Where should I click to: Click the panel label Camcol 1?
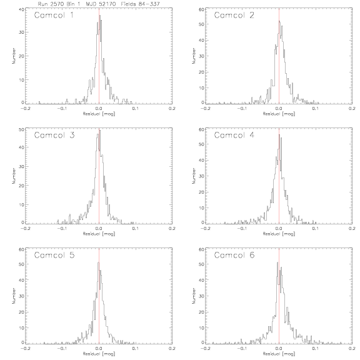tap(54, 16)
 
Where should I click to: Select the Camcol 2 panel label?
tap(234, 16)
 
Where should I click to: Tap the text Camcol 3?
tap(54, 135)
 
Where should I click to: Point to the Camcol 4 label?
tap(234, 135)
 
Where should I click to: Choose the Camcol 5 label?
tap(54, 255)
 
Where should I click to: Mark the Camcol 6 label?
tap(234, 255)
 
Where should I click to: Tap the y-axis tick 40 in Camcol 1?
tap(21, 9)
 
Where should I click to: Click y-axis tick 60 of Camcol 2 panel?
tap(201, 9)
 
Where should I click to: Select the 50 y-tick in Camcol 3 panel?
tap(21, 129)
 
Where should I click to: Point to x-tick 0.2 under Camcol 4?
tap(352, 229)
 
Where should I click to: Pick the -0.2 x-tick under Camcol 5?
tap(25, 349)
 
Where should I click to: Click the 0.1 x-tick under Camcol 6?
tap(316, 349)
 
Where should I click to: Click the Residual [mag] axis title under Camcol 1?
tap(99, 114)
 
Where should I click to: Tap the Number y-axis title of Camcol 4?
tap(194, 176)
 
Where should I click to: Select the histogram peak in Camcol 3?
tap(100, 130)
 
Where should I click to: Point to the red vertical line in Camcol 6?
tap(279, 296)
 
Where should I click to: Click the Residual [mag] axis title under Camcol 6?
tap(279, 354)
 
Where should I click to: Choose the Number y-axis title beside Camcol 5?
tap(14, 296)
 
